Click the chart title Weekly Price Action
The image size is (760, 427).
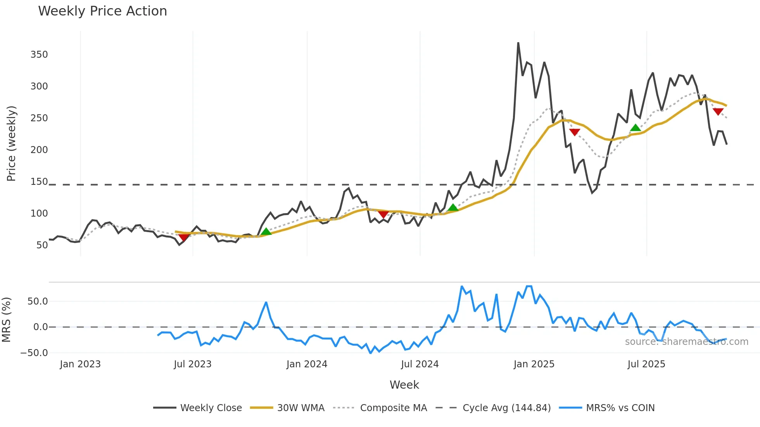click(x=102, y=11)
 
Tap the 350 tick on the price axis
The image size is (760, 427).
click(x=39, y=55)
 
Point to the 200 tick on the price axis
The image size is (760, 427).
click(x=39, y=150)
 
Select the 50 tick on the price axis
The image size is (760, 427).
click(x=42, y=245)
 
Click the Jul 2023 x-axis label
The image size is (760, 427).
click(x=192, y=364)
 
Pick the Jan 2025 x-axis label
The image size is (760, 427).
click(x=534, y=364)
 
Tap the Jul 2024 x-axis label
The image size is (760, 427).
click(x=420, y=364)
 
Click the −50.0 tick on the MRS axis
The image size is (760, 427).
click(x=34, y=353)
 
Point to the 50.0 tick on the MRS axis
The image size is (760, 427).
click(x=38, y=301)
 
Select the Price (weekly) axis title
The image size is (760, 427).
click(x=11, y=143)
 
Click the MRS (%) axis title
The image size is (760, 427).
click(x=6, y=320)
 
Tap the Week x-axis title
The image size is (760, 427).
click(x=404, y=385)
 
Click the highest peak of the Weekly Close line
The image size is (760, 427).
click(x=518, y=43)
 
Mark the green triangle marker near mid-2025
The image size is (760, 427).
click(x=635, y=128)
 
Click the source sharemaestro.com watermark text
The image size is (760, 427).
click(x=686, y=342)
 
